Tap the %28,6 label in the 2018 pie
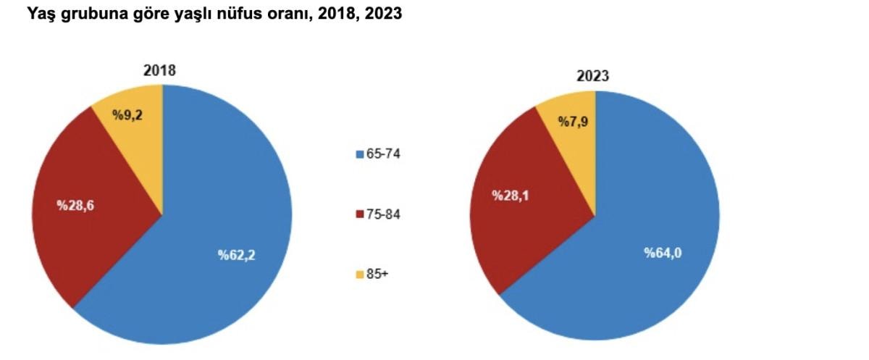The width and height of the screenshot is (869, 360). [76, 205]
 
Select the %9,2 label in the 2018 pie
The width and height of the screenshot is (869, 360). [127, 114]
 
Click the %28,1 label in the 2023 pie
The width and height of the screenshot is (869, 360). [511, 195]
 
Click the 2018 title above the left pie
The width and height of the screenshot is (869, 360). [160, 70]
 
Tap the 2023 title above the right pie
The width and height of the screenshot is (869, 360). [592, 76]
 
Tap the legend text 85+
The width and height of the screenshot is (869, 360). [377, 275]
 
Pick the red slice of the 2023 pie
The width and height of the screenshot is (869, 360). [521, 232]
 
